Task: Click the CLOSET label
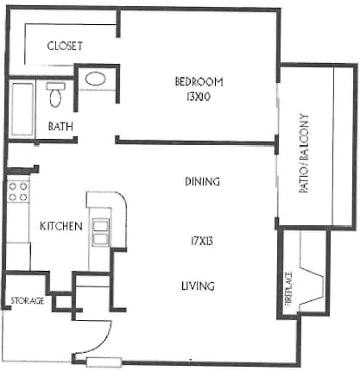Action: pos(65,46)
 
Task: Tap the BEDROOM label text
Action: pos(199,82)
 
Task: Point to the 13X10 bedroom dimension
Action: pos(199,97)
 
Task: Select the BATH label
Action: pos(60,126)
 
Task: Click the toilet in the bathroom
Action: pos(55,95)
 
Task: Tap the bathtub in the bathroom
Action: pos(22,110)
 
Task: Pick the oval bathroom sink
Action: pos(96,79)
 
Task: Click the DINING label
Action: pos(202,181)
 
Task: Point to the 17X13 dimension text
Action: pos(202,241)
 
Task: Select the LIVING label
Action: pos(198,286)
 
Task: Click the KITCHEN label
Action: pos(61,226)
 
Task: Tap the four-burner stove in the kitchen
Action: pos(18,192)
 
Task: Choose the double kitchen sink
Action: pos(100,232)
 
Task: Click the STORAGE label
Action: pos(28,301)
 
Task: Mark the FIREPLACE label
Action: pos(288,289)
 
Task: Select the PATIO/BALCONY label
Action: pos(304,154)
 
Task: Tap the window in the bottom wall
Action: pos(104,362)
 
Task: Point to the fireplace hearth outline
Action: pos(312,285)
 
